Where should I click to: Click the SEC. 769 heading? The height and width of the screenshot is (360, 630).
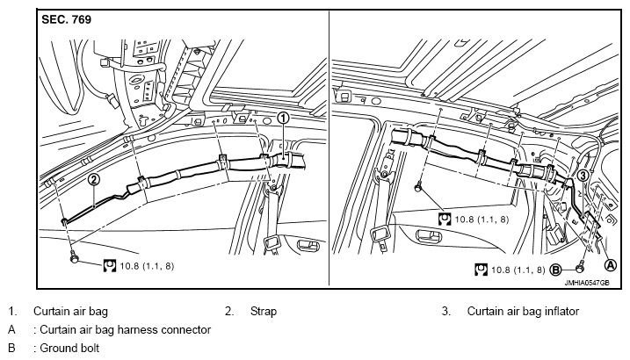[x=66, y=19]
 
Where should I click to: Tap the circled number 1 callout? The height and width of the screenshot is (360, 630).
[x=283, y=118]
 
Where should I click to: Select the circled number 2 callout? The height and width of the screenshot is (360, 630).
[x=93, y=179]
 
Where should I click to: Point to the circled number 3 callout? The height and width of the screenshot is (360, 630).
[x=583, y=175]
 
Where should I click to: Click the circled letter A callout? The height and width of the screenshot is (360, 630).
[x=611, y=265]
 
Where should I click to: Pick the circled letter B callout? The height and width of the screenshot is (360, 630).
[x=555, y=270]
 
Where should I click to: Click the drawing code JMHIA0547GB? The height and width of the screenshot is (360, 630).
[x=587, y=283]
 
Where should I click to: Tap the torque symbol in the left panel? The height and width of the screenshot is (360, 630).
[x=109, y=266]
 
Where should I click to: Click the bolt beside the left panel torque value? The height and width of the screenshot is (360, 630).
[x=74, y=257]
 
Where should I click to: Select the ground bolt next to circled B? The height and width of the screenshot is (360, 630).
[x=580, y=265]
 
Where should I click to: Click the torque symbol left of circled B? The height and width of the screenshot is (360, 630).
[x=481, y=270]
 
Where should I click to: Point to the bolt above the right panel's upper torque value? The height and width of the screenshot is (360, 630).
[x=418, y=186]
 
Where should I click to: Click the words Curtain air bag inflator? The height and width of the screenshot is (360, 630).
[x=523, y=311]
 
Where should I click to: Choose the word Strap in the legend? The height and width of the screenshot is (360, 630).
[x=264, y=311]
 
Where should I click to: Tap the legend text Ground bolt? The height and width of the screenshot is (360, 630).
[x=69, y=348]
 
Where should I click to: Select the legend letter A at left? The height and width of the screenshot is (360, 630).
[x=11, y=329]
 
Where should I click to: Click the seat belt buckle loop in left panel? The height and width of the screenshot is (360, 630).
[x=272, y=244]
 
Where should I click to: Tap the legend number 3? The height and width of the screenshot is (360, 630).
[x=445, y=311]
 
